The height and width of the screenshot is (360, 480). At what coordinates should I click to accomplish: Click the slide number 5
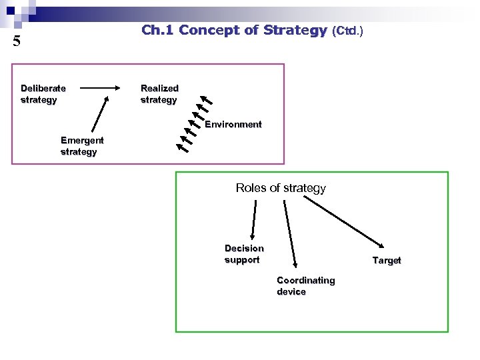pos(17,41)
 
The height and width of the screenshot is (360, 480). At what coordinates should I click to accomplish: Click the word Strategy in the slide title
pos(295,30)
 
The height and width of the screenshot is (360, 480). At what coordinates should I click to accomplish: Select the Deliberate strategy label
pos(43,94)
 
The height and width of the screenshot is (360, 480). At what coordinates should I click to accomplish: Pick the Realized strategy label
pos(159,94)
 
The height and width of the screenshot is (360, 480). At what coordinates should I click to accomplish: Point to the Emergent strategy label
pos(81,146)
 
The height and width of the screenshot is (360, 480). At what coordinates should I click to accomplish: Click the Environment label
pos(233,125)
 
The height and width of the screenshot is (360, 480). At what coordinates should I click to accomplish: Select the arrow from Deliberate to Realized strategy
pos(107,88)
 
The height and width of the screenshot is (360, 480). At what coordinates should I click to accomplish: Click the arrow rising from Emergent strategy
pos(101,113)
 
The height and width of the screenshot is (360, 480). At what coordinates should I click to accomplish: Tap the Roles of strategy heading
pos(281,188)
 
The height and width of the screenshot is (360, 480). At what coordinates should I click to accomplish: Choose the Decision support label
pos(244,254)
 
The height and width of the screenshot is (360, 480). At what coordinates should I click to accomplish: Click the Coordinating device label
pos(305,286)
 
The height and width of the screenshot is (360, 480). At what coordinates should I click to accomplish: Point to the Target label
pos(387,261)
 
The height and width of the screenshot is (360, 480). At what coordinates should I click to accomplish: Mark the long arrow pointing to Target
pos(346,222)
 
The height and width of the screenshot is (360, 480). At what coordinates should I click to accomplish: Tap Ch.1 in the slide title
pos(157,30)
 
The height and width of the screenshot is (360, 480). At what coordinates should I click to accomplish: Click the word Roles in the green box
pos(251,188)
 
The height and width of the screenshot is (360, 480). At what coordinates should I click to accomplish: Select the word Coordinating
pos(305,281)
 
